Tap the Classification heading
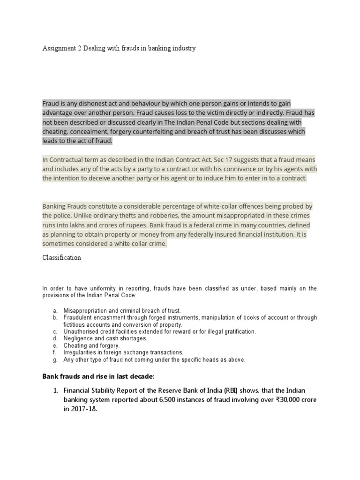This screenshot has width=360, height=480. click(61, 258)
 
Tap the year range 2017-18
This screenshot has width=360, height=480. click(84, 409)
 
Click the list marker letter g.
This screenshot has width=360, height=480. click(55, 360)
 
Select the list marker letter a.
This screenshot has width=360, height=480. click(55, 310)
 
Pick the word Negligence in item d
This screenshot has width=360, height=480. click(78, 338)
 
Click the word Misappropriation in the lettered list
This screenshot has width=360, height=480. click(87, 310)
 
